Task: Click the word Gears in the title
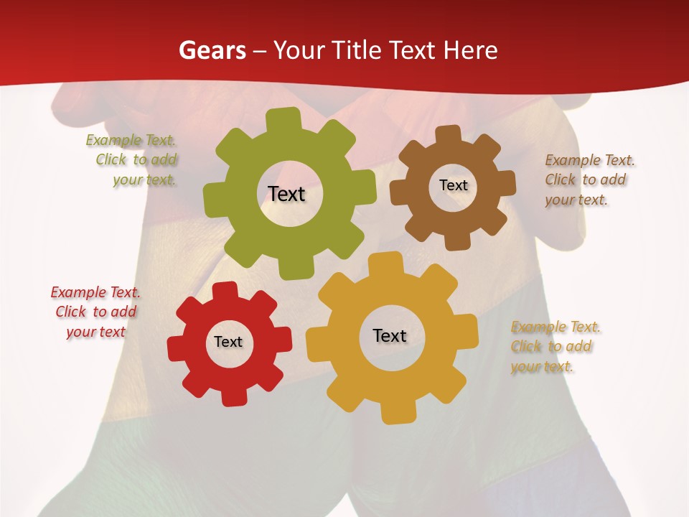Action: [212, 50]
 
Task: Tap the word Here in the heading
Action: [470, 50]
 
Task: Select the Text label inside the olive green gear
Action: [286, 194]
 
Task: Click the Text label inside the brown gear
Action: [453, 185]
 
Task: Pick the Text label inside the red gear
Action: [228, 342]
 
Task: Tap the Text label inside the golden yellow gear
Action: [390, 335]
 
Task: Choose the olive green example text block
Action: [133, 160]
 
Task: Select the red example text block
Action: [95, 312]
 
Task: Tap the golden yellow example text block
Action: [555, 346]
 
